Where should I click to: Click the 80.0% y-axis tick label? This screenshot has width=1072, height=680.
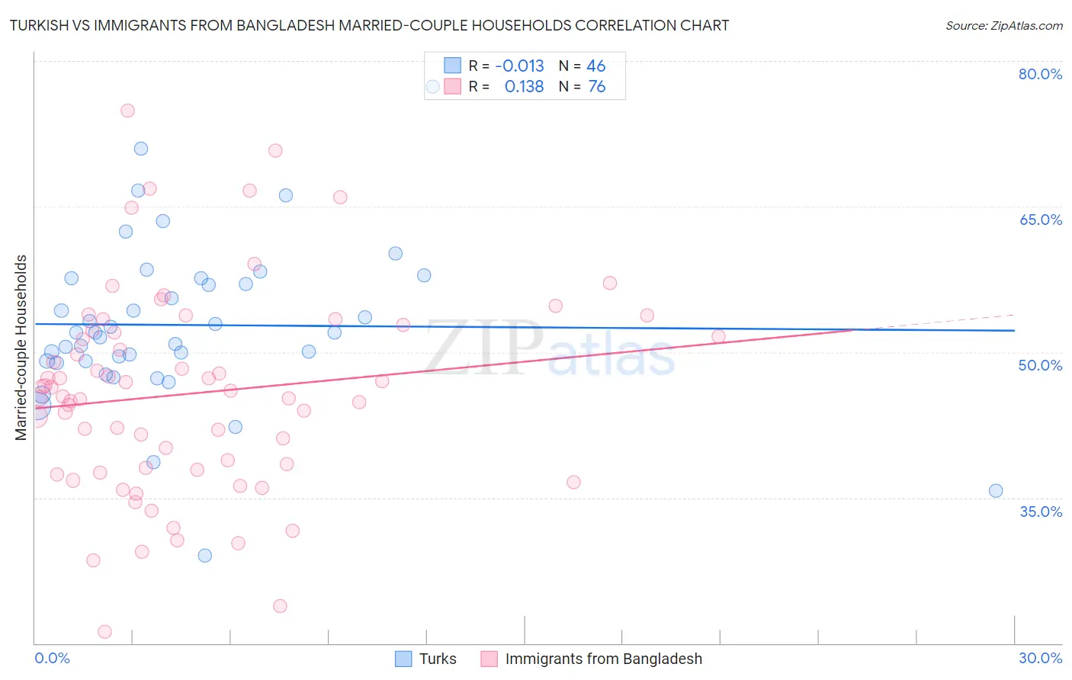pos(1040,74)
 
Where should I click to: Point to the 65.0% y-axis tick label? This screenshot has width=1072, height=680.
pos(1040,220)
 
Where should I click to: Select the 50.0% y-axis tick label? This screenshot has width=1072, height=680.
pos(1040,365)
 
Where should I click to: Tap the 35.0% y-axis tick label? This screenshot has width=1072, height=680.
pos(1040,512)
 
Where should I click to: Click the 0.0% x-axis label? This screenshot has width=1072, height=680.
pos(52,658)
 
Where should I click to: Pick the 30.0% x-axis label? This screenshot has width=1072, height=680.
pos(1040,658)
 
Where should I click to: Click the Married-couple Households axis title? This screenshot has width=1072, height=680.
pos(21,348)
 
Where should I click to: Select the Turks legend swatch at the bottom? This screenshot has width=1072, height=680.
pos(403,659)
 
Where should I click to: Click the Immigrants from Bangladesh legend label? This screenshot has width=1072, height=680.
pos(603,659)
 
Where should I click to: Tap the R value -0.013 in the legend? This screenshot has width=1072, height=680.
pos(519,66)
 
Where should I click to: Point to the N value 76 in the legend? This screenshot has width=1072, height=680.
pos(596,87)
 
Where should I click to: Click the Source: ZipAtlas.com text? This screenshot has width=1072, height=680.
pos(1003,26)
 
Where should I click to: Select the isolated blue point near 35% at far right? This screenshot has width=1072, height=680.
pos(996,491)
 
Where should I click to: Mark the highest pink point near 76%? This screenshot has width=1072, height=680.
pos(127,111)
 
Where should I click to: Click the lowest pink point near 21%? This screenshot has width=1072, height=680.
pos(105,631)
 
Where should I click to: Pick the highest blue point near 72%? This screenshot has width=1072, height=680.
pos(141,149)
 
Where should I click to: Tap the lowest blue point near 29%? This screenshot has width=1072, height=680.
pos(205,556)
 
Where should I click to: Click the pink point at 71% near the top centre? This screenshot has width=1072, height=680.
pos(275,150)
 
